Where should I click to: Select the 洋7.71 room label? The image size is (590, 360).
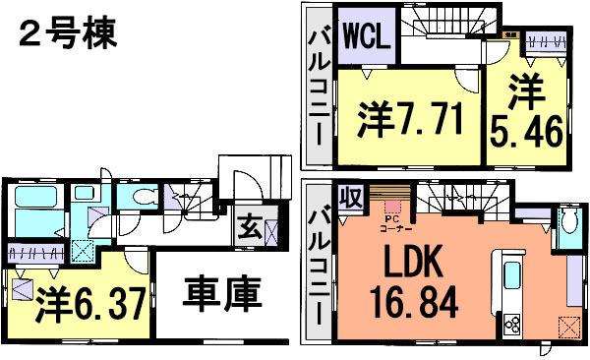[x=406, y=120]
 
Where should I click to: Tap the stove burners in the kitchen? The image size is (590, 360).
[x=515, y=322]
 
